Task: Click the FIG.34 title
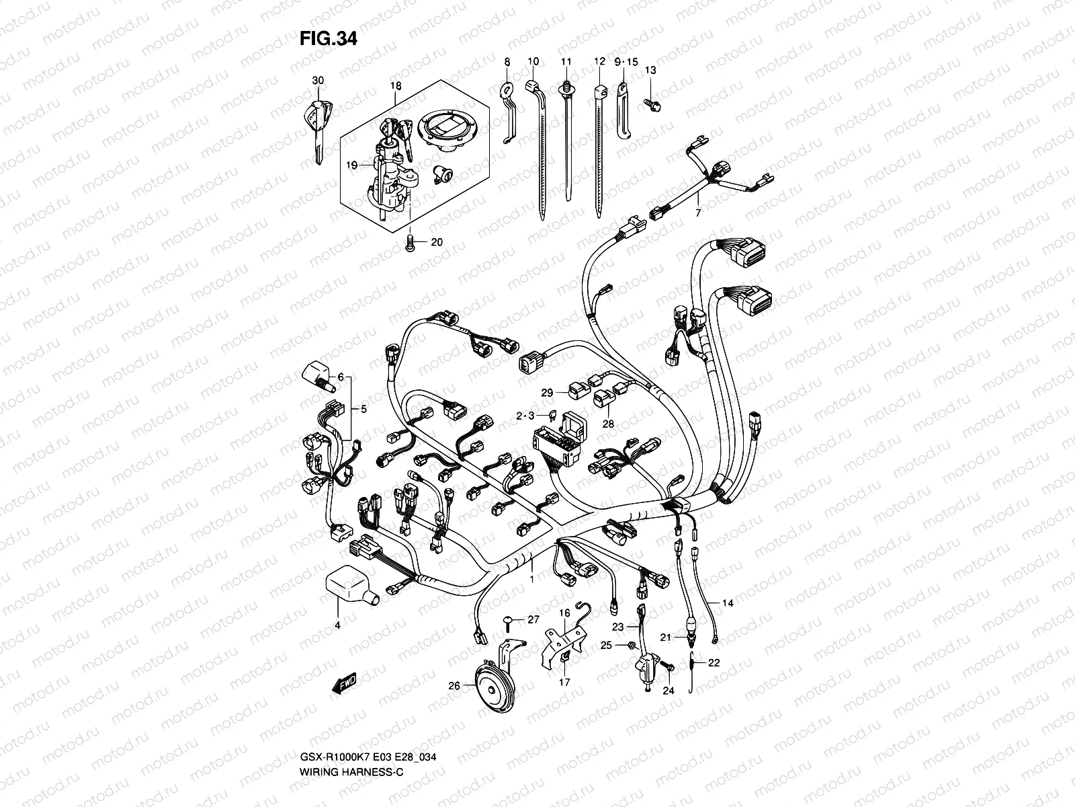(328, 39)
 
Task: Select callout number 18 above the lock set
(395, 86)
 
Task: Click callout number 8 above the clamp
(507, 62)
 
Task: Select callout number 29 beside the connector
(546, 392)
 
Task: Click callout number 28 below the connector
(608, 424)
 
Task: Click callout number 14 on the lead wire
(728, 603)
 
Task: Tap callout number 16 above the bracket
(564, 613)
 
